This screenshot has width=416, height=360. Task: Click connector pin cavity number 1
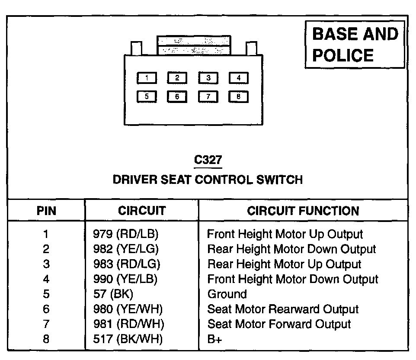click(x=147, y=78)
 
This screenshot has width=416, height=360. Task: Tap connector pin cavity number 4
click(x=238, y=78)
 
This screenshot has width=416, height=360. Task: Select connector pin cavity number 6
click(x=177, y=96)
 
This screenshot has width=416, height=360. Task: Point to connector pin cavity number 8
click(x=238, y=96)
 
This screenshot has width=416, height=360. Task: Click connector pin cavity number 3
click(x=208, y=78)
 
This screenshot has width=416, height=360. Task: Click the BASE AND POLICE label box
click(x=355, y=45)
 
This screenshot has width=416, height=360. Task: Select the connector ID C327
click(x=208, y=160)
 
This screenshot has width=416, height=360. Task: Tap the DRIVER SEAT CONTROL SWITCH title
click(x=208, y=180)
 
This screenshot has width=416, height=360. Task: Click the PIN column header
click(x=46, y=211)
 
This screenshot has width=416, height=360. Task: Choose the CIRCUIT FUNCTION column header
click(x=303, y=211)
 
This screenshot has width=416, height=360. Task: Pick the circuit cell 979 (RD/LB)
click(x=126, y=235)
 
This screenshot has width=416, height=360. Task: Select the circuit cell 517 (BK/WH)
click(x=128, y=339)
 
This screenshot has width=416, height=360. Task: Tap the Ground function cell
click(x=227, y=294)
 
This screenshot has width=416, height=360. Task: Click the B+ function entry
click(x=215, y=339)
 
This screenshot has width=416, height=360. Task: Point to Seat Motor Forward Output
click(x=279, y=324)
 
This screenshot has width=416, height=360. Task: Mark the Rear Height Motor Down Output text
click(x=291, y=249)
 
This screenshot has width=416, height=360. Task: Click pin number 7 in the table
click(x=46, y=324)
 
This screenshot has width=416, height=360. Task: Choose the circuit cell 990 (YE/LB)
click(x=125, y=279)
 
